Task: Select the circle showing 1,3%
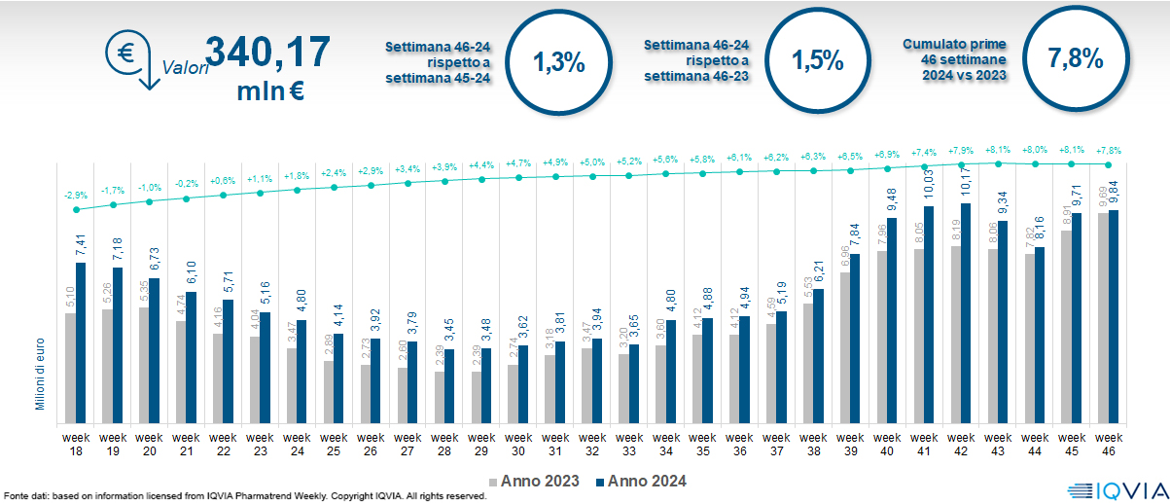(x=558, y=62)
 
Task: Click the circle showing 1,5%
(x=816, y=62)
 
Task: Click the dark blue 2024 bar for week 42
(x=966, y=311)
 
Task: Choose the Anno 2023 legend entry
(x=535, y=482)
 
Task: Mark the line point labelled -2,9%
(x=76, y=209)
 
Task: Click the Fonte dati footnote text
(x=243, y=496)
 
